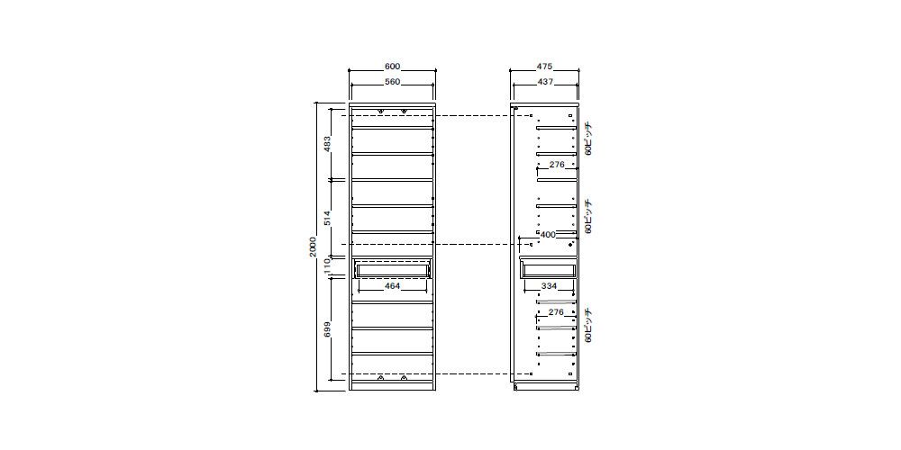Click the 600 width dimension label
(x=392, y=67)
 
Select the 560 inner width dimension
(x=392, y=82)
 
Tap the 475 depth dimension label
(x=545, y=67)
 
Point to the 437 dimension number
(x=545, y=82)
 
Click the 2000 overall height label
(x=314, y=247)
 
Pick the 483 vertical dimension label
(x=327, y=144)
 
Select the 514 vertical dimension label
(x=327, y=218)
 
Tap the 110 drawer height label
(x=327, y=265)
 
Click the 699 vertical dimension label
(x=327, y=329)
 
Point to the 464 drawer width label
(x=392, y=286)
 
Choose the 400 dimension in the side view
(x=548, y=235)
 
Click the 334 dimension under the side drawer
(x=550, y=286)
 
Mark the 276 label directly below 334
(x=556, y=312)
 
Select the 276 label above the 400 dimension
(x=557, y=165)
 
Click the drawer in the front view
(x=393, y=268)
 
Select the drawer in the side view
(x=548, y=268)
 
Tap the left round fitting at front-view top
(x=380, y=111)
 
